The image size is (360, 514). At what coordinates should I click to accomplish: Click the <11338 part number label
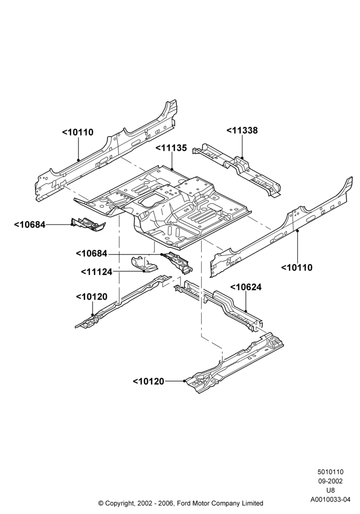242,131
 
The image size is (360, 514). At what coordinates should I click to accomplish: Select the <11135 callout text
171,148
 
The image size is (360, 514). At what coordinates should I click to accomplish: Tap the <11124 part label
96,272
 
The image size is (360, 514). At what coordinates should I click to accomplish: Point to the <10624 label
246,287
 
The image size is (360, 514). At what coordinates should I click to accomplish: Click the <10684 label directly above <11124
92,253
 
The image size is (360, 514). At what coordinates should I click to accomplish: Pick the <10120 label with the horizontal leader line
149,381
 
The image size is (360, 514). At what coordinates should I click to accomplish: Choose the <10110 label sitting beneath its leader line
297,267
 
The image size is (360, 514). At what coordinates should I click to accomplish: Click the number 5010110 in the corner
330,472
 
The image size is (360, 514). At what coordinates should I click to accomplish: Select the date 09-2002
330,481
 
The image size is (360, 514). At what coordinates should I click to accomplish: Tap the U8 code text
331,491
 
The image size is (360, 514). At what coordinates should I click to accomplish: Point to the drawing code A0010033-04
331,500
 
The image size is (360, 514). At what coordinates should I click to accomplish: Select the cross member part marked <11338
237,169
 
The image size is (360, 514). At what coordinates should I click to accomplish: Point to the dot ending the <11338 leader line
242,158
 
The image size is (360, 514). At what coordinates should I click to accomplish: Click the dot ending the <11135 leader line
172,169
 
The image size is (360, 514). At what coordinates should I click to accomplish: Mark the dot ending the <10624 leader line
246,310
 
